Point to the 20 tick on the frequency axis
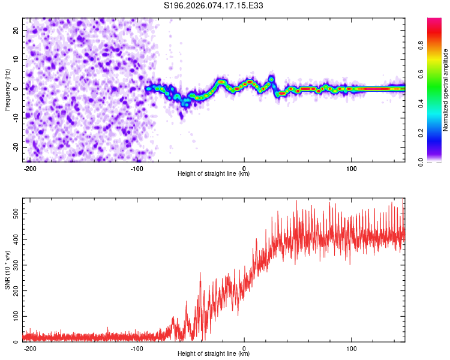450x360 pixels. (17, 30)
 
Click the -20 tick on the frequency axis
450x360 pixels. (16, 147)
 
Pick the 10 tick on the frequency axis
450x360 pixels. (17, 59)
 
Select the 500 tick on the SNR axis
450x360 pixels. (14, 214)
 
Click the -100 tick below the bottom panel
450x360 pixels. (137, 347)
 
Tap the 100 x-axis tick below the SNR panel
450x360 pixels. (351, 347)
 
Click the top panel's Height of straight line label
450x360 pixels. (214, 174)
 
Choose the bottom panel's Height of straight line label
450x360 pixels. (214, 354)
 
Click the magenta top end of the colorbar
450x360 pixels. (434, 21)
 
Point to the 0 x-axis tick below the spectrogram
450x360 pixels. (244, 167)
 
